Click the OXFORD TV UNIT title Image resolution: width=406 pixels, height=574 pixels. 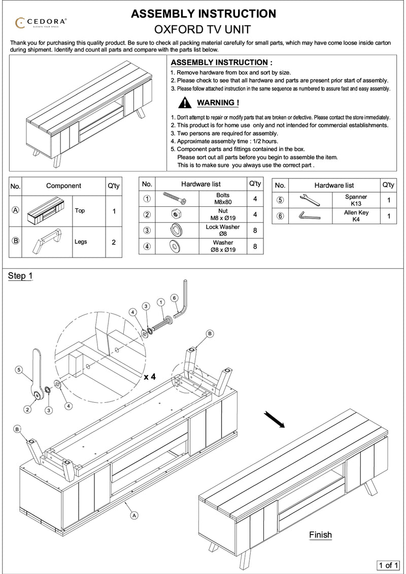click(204, 29)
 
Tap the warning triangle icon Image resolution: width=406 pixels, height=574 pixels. click(185, 103)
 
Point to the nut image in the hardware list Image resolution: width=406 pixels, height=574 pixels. click(175, 214)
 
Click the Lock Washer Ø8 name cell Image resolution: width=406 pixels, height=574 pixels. click(222, 230)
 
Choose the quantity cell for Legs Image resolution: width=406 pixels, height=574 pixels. click(113, 242)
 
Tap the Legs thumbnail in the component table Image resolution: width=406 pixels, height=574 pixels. click(49, 241)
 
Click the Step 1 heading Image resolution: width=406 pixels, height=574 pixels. click(20, 276)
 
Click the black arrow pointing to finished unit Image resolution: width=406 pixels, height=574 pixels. click(274, 419)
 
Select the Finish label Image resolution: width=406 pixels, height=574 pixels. click(320, 534)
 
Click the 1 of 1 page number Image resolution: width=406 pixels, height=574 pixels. click(389, 564)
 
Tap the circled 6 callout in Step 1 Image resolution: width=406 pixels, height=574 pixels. click(174, 298)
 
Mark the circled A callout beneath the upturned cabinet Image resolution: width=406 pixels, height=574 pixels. click(134, 515)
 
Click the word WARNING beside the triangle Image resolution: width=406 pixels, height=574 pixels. click(217, 103)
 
